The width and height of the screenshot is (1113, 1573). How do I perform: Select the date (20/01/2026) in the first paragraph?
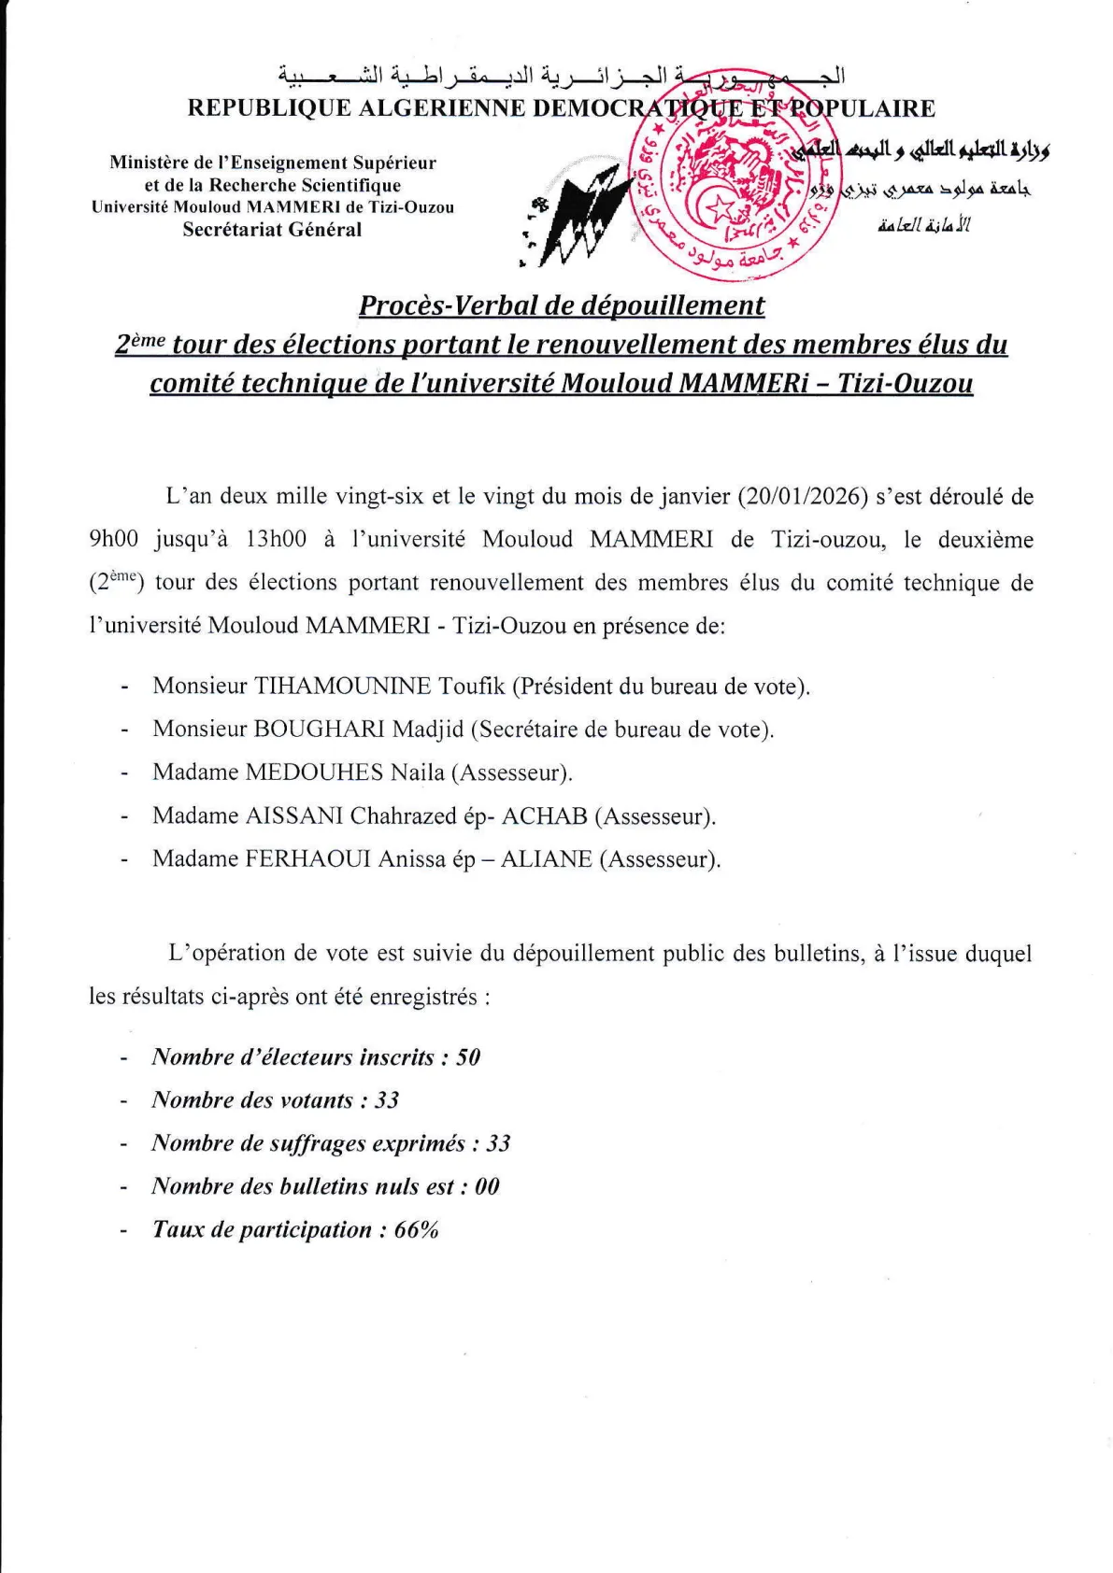coord(801,496)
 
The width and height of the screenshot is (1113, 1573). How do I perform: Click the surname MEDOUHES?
coord(314,772)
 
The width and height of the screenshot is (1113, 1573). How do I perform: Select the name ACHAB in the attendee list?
coord(544,816)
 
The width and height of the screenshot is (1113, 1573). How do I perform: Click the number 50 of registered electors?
coord(468,1057)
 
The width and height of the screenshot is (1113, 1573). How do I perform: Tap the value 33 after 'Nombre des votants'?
coord(387,1100)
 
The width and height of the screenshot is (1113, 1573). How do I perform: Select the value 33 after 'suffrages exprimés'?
coord(498,1143)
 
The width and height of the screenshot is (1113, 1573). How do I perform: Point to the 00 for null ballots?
coord(487,1186)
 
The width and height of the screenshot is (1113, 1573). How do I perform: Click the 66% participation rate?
coord(416,1230)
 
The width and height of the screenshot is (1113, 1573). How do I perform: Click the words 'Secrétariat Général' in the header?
coord(272,230)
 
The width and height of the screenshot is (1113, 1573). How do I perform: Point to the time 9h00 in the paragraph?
coord(114,540)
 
